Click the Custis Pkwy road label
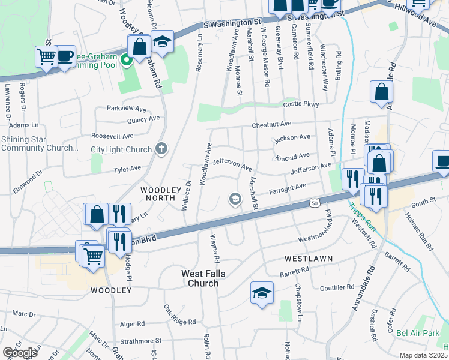301,104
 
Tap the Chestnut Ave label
271,124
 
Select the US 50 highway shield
315,204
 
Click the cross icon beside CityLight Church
160,149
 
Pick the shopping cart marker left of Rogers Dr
46,56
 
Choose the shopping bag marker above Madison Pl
381,92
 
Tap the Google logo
20,353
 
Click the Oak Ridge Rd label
180,314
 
